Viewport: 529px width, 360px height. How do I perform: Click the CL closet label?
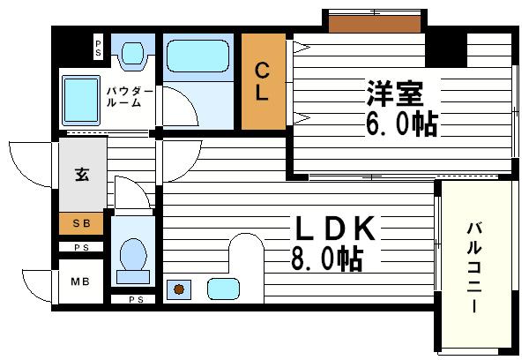click(263, 82)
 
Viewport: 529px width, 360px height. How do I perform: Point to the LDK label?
click(335, 231)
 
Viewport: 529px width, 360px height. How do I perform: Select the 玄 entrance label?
click(81, 174)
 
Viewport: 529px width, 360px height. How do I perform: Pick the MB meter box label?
click(79, 282)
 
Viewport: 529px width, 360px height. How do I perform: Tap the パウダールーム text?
click(130, 96)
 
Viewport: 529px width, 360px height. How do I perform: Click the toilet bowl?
click(133, 257)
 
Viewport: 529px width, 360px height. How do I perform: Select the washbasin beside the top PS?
click(133, 54)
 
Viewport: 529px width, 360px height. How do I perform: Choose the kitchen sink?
click(223, 289)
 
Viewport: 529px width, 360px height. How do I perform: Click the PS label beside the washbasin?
click(98, 49)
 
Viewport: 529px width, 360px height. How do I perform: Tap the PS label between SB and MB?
click(81, 248)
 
